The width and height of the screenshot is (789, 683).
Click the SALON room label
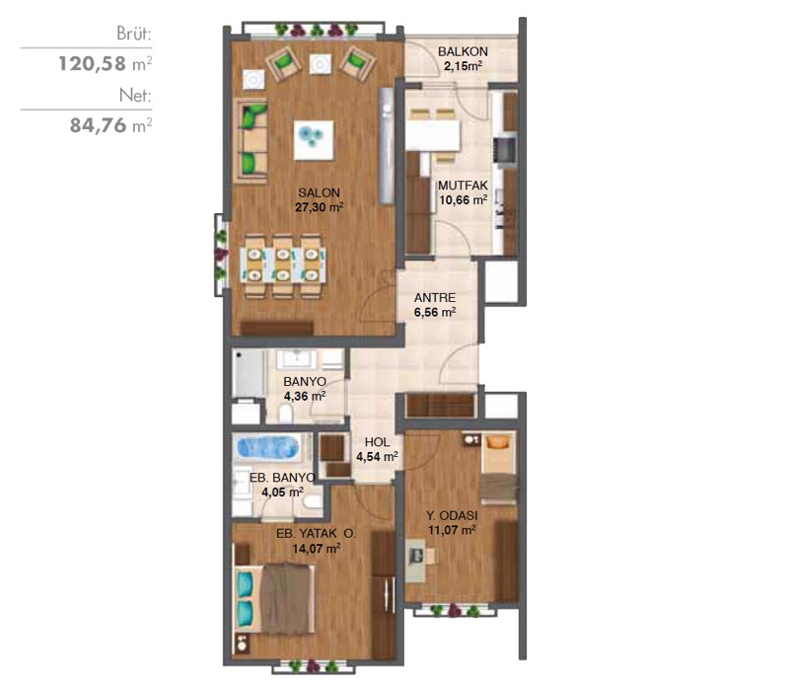tap(319, 192)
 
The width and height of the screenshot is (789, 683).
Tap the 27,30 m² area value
tap(319, 207)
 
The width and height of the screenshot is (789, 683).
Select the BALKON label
tap(463, 51)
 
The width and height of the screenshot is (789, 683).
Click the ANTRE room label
tap(435, 298)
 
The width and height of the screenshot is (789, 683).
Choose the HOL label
tap(377, 442)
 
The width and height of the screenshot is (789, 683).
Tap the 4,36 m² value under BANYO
tap(305, 397)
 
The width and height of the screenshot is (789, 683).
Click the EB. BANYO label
tap(282, 478)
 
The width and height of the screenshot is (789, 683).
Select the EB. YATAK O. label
tap(316, 533)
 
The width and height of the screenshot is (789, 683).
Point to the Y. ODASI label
tap(452, 516)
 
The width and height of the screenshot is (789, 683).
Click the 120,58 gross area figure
tap(92, 64)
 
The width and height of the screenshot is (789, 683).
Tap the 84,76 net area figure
tap(98, 125)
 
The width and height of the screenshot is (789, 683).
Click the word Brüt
tap(134, 34)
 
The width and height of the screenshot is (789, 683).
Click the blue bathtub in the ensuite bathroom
tap(267, 448)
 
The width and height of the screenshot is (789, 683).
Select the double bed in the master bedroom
tap(275, 598)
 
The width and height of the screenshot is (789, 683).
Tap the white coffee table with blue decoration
tap(314, 139)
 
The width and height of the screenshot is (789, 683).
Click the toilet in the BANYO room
tap(286, 414)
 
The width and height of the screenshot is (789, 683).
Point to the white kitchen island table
tap(433, 135)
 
